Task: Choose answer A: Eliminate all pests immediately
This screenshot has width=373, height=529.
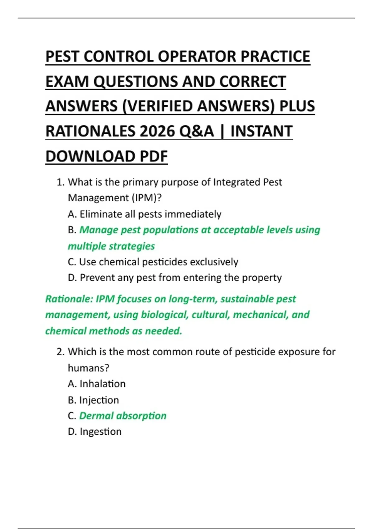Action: (145, 214)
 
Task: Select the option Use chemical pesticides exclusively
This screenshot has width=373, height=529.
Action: (153, 262)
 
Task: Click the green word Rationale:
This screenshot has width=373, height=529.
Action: (69, 299)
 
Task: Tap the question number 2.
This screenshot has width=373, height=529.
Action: (60, 352)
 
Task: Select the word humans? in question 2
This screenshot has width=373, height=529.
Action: (89, 368)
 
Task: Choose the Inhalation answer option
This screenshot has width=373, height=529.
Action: (97, 384)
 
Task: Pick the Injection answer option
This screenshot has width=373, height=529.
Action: (93, 400)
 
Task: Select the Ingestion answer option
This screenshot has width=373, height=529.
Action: (95, 432)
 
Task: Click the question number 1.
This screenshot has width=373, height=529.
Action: (60, 182)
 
